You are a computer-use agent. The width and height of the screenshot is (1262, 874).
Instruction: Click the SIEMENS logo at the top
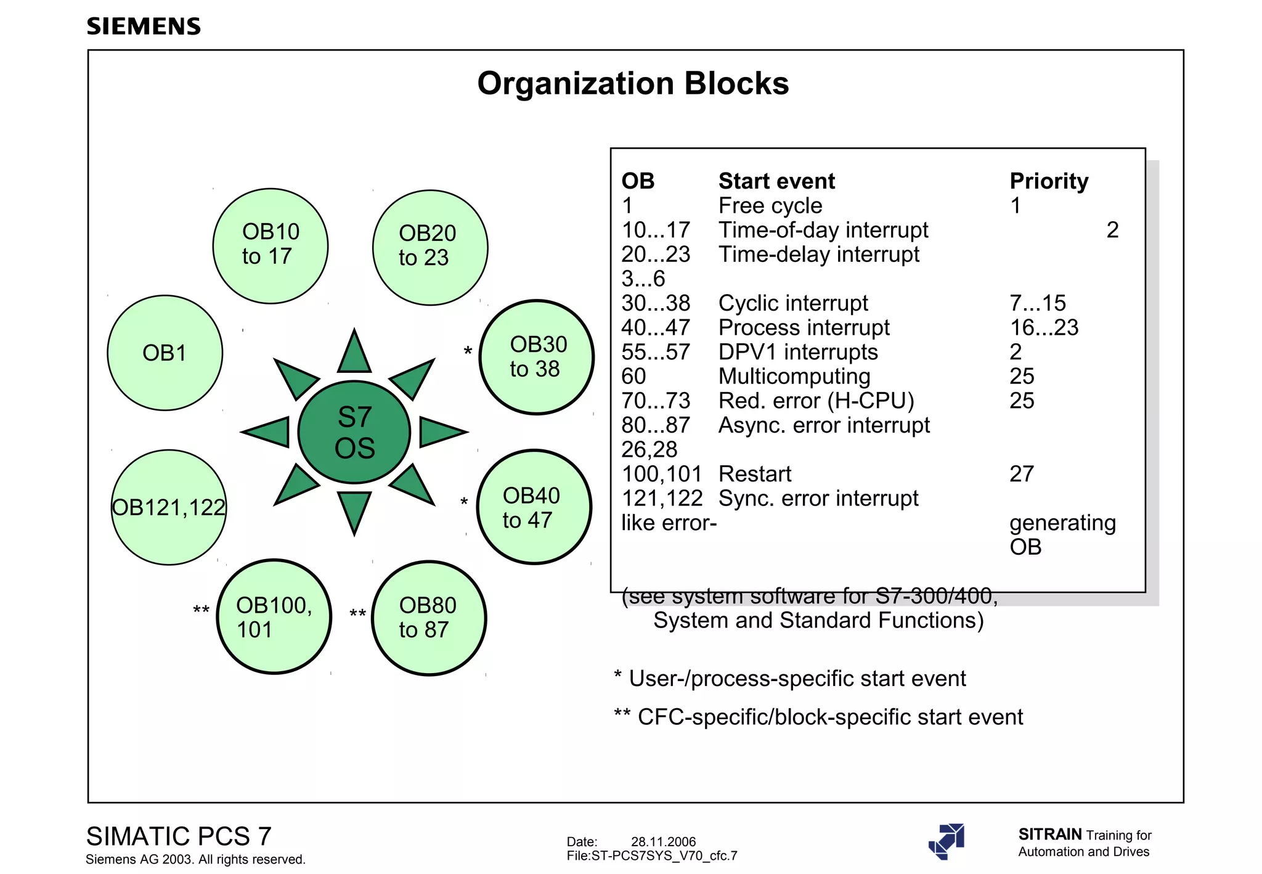coord(144,27)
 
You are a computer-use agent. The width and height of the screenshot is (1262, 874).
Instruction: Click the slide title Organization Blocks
coord(632,83)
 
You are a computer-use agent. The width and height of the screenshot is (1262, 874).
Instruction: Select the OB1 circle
coord(165,353)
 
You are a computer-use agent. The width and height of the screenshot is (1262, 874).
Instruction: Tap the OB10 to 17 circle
coord(271,245)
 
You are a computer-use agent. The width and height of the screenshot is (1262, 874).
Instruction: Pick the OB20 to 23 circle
coord(430,247)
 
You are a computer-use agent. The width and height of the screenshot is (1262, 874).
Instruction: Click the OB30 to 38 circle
coord(537,357)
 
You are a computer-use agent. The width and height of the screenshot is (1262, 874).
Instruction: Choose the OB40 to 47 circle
coord(534,507)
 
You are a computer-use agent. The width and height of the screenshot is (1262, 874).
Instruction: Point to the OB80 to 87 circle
coord(429,618)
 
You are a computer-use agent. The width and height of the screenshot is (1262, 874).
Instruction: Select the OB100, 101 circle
coord(274,616)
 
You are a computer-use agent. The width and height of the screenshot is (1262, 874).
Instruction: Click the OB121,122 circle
coord(169,507)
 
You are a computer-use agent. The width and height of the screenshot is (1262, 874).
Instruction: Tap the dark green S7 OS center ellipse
coord(354,432)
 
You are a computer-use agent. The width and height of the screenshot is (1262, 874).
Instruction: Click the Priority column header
coord(1049,181)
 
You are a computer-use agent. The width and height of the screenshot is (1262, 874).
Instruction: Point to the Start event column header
coord(776,181)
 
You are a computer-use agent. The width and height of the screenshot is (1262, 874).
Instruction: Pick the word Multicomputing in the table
coord(794,376)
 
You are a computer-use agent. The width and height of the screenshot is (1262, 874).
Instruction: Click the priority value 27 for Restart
coord(1021,473)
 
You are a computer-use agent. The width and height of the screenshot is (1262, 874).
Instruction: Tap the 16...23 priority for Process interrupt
coord(1044,327)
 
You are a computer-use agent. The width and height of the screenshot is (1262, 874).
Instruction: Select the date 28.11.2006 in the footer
coord(663,841)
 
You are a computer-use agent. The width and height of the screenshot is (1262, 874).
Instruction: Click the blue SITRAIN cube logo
coord(947,841)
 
